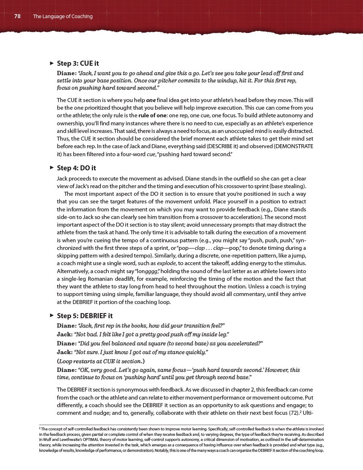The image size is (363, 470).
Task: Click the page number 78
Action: pos(17,16)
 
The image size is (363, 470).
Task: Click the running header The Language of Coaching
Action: pos(63,16)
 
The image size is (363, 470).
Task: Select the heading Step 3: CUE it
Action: pos(78,64)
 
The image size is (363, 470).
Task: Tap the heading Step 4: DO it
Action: pos(76,168)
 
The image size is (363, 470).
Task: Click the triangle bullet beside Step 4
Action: pos(52,167)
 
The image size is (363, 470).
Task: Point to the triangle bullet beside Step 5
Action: pos(52,315)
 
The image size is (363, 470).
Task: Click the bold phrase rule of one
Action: pos(152,116)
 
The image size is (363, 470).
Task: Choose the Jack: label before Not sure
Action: pos(65,352)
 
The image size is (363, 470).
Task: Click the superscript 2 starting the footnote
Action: pos(40,428)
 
